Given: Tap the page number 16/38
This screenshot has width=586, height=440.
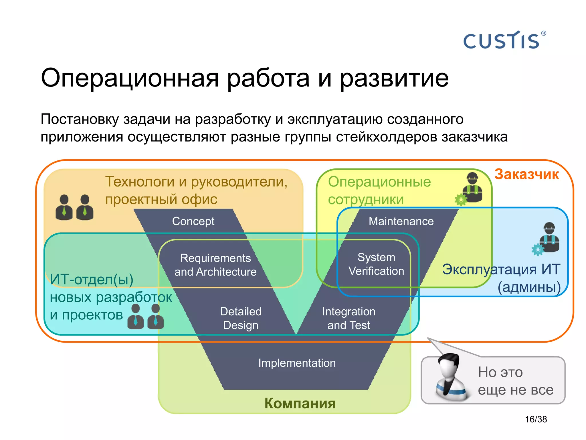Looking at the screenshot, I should click(536, 419).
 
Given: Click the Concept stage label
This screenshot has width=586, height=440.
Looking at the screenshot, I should click(193, 221).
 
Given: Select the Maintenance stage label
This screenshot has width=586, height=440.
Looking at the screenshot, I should click(401, 221).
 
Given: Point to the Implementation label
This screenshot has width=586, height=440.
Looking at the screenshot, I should click(297, 363).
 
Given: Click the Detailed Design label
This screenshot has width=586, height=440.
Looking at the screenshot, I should click(241, 318).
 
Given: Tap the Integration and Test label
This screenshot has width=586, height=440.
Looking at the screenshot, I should click(349, 318).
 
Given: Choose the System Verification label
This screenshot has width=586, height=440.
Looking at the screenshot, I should click(376, 264).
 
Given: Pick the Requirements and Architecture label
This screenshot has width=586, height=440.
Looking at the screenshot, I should click(215, 265).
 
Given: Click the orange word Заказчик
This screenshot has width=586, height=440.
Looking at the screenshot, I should click(526, 174).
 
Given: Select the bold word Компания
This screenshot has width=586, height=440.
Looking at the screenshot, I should click(300, 403).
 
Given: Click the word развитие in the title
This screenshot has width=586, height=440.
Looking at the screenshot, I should click(394, 78).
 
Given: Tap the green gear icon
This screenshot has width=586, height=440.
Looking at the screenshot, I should click(461, 200).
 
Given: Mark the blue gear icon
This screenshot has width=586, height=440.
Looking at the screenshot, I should click(538, 250).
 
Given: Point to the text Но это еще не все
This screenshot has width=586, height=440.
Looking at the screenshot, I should click(515, 381).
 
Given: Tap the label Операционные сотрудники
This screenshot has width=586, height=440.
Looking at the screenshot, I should click(379, 190).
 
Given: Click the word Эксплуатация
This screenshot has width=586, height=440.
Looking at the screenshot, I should click(489, 269).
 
